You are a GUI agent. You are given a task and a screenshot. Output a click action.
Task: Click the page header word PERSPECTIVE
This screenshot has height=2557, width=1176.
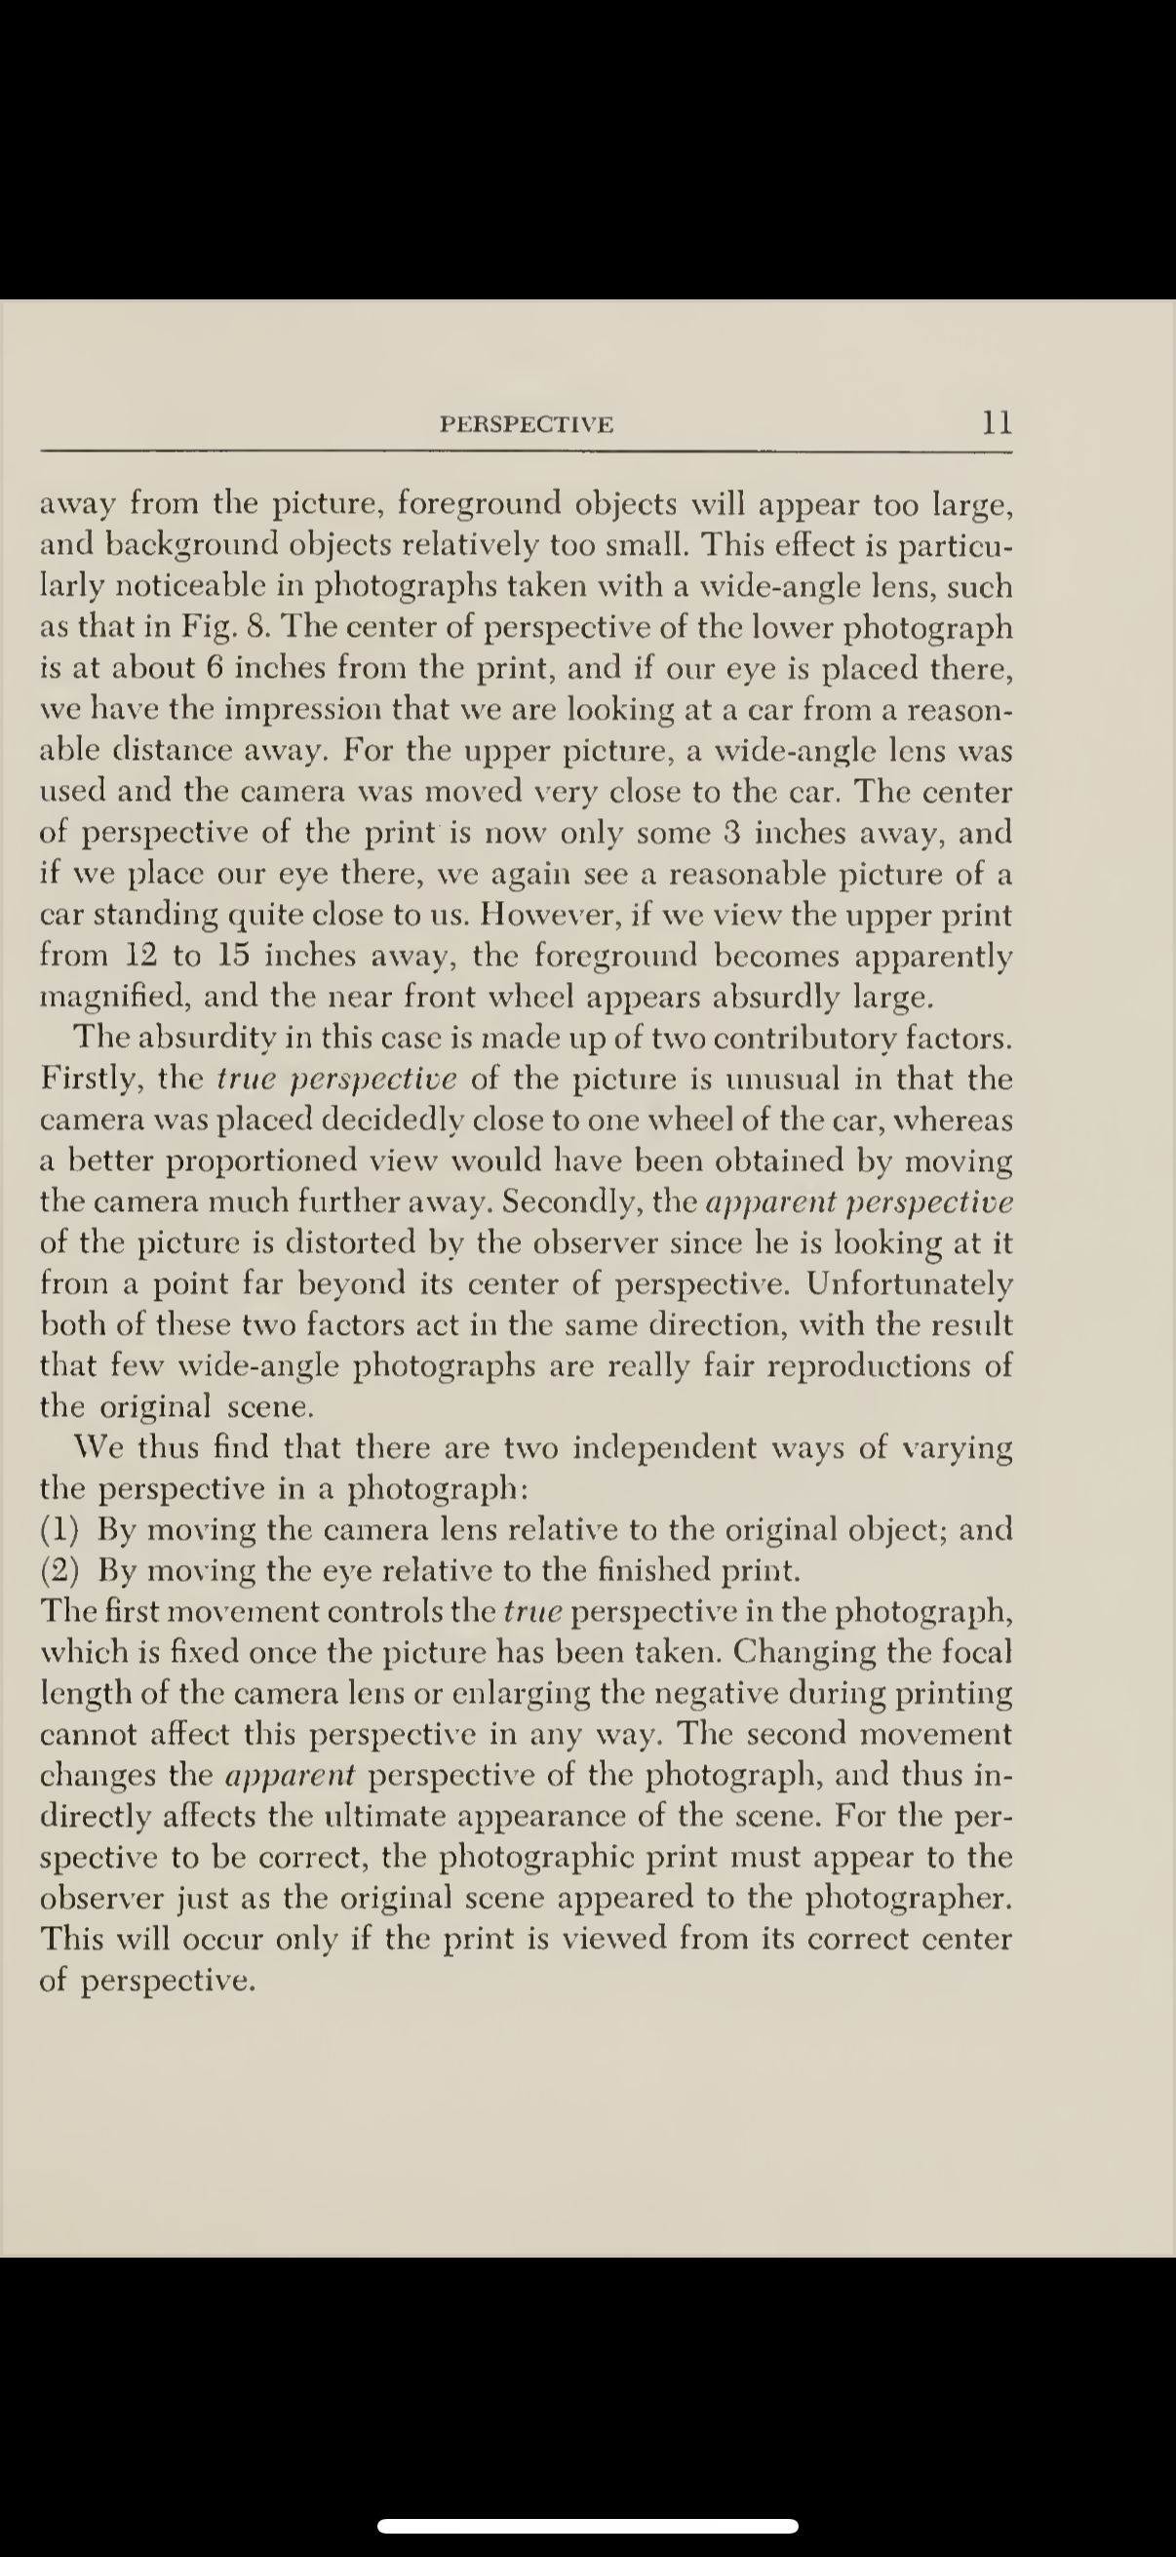tap(527, 425)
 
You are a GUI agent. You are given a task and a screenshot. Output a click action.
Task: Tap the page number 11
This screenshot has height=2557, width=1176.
tap(997, 423)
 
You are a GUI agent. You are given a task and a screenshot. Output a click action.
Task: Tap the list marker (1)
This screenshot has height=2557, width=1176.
tap(59, 1530)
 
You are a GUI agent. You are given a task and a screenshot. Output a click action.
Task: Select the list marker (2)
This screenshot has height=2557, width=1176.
tap(59, 1570)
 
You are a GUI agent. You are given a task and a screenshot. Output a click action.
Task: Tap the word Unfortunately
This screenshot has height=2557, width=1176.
tap(909, 1284)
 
